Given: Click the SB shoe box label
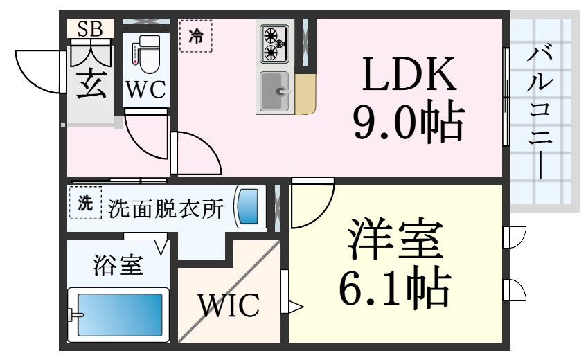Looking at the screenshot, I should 90,28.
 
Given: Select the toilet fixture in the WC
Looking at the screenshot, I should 145,56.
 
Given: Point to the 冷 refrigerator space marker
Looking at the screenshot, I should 196,37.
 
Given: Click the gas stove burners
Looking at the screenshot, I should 274,44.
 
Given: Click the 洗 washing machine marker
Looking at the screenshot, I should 84,204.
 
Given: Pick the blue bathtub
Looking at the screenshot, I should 119,315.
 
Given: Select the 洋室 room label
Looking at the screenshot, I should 395,239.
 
